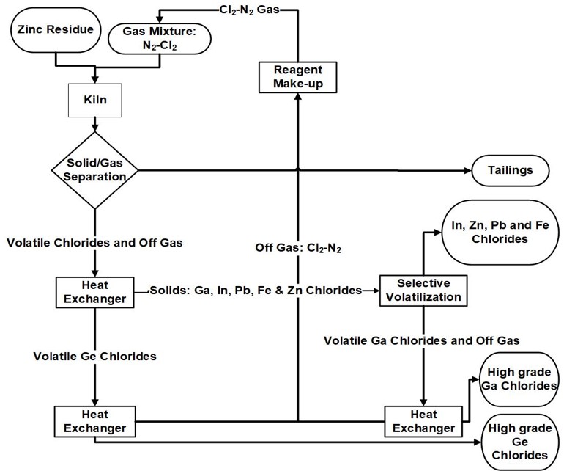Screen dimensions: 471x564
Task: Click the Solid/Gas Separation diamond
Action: point(94,170)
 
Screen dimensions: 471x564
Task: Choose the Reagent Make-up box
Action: point(298,76)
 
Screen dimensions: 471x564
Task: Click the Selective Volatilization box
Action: point(423,290)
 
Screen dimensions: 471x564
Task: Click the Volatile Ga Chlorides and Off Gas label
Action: point(421,340)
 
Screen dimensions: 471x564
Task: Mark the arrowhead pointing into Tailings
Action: point(467,170)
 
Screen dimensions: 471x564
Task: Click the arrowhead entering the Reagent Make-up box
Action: point(298,98)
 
